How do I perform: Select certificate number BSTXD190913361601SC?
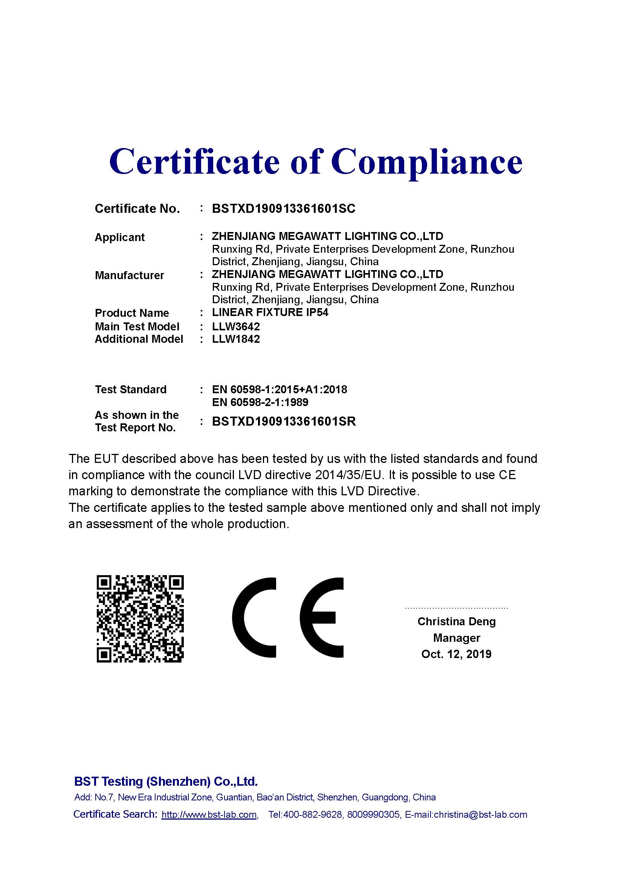coord(284,209)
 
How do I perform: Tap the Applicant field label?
coord(120,238)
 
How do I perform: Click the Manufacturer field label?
coord(129,275)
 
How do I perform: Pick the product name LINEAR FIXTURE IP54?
coord(270,312)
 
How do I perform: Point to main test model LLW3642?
coord(236,327)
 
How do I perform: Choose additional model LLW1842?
coord(236,339)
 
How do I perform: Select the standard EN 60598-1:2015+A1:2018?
coord(279,389)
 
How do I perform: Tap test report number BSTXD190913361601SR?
coord(284,421)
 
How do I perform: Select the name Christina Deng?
coord(457,621)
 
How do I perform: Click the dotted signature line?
coord(456,608)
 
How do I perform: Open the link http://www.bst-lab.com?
coord(209,815)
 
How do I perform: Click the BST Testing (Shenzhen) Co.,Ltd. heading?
coord(166,781)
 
